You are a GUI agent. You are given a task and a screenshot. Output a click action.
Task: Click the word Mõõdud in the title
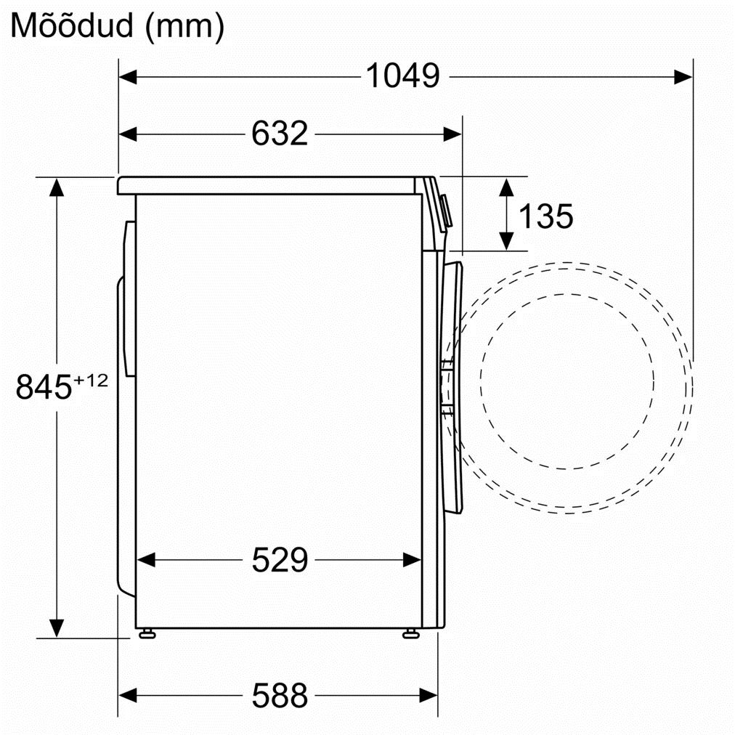coord(72,25)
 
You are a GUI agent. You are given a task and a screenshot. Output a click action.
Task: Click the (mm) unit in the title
coord(184,27)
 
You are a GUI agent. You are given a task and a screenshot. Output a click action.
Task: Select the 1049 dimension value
coord(402,76)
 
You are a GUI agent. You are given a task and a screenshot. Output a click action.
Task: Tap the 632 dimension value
coord(280,134)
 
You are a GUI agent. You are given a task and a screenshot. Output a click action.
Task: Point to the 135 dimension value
coord(545,216)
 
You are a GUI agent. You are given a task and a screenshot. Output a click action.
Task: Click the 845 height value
coord(44,387)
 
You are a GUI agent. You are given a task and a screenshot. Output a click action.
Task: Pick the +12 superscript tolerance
coord(91,380)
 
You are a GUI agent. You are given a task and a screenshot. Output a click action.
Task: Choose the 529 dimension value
coord(280,560)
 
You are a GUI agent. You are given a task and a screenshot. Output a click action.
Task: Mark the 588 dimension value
coord(280,695)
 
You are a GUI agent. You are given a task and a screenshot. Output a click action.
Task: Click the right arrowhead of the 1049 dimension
coord(683,77)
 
